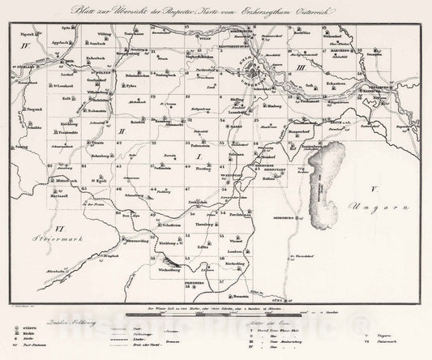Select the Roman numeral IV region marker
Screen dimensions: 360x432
tap(24, 48)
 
